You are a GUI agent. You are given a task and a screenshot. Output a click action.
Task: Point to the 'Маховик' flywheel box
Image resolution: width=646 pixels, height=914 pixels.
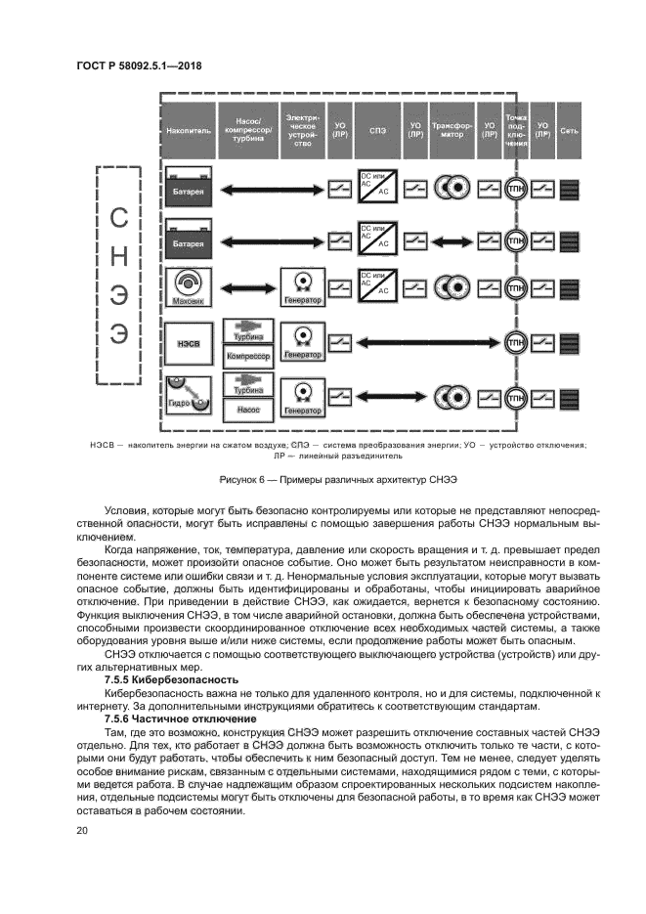pos(188,288)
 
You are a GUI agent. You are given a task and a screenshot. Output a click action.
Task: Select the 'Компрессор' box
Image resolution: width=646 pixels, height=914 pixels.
pos(248,357)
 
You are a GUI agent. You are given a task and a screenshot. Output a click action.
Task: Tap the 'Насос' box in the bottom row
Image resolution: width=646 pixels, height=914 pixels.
pos(248,410)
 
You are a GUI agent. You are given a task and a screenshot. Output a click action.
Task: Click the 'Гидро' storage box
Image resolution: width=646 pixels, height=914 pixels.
pos(188,394)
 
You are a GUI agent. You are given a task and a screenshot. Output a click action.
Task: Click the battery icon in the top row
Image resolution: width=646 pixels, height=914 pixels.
pos(188,186)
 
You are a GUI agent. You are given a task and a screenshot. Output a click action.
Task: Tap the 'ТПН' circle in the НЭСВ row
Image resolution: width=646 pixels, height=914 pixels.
pos(516,341)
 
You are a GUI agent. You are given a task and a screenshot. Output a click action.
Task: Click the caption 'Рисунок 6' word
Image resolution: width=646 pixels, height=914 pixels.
pos(244,481)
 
